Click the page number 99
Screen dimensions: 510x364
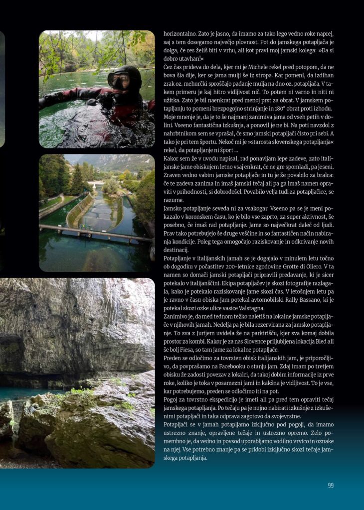pos(331,486)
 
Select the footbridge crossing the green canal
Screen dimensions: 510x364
pos(95,233)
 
